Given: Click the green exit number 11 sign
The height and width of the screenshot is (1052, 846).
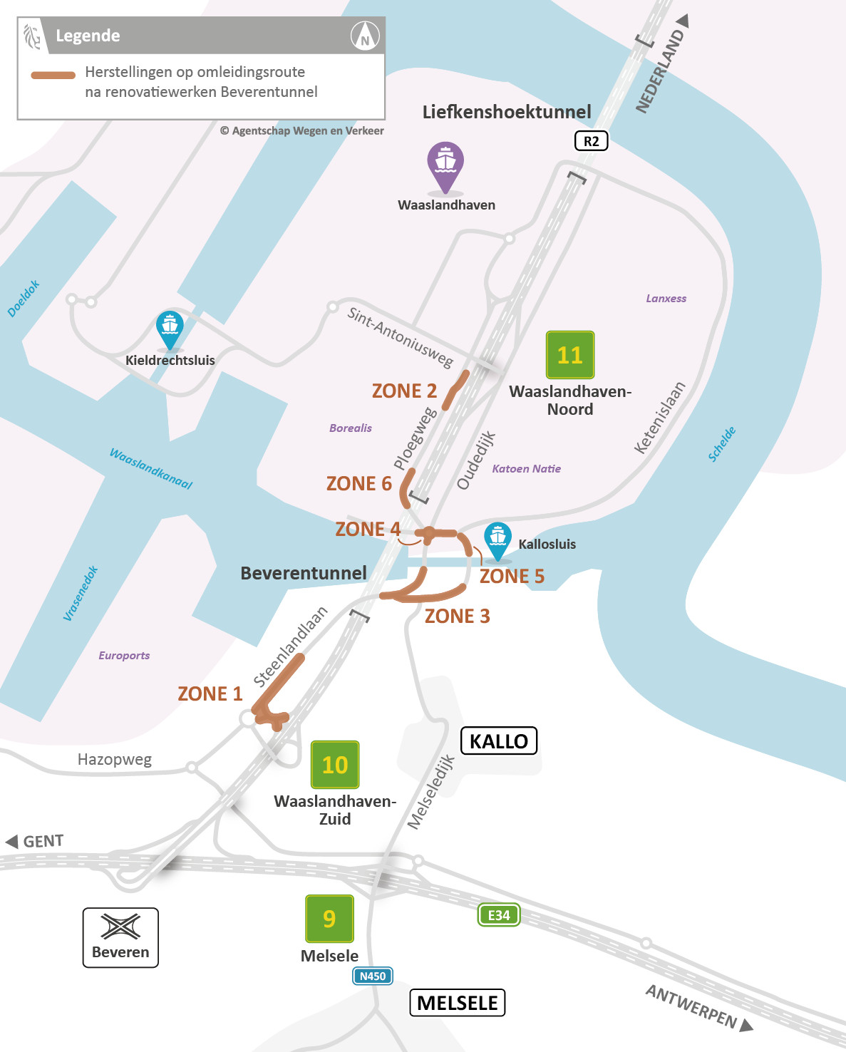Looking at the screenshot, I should point(569,355).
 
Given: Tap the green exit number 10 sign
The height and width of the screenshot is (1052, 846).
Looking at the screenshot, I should point(335,765).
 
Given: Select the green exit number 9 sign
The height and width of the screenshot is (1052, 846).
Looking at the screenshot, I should point(329,919).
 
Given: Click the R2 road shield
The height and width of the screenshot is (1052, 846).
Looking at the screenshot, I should point(591,141).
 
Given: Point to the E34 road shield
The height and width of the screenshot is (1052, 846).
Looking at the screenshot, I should point(498,915).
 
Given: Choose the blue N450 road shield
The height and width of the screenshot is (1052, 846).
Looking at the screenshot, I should point(373,976).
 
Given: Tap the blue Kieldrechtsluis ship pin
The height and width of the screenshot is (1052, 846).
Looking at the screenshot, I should point(170,329).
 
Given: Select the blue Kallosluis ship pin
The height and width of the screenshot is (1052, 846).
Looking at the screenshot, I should point(497,540).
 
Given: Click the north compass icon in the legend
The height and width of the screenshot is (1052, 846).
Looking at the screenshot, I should point(365,36).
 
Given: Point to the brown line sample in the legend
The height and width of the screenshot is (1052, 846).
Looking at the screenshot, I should point(53,75).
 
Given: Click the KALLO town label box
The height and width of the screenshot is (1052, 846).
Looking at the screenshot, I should point(499,741).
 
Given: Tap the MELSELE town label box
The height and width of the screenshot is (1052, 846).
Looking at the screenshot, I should point(457,1003).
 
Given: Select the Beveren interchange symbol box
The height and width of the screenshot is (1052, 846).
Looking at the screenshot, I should point(120,937).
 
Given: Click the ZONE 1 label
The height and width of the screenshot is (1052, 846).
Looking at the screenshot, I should point(210,693).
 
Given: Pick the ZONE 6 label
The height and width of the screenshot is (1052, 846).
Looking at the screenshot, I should point(358,483).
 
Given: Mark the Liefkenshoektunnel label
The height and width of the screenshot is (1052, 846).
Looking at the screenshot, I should point(507,112).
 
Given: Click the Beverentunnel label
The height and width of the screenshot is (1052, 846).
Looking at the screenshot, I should point(304,573).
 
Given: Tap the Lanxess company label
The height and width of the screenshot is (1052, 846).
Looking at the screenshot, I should point(666,299).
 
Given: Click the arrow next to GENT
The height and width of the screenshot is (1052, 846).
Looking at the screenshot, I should point(12,842).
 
